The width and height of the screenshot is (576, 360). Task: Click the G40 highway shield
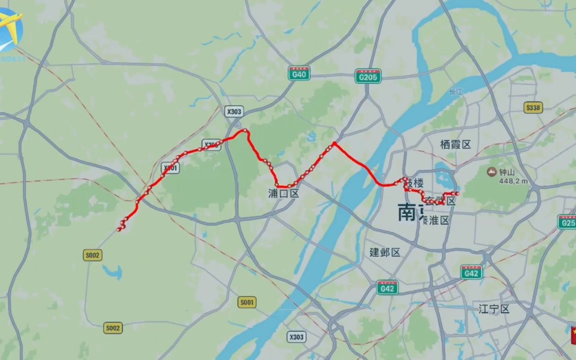click(x=299, y=74)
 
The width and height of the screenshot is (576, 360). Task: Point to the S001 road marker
click(x=247, y=303)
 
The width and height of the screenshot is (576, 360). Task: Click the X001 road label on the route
click(x=170, y=169)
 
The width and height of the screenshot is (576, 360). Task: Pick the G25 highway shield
click(x=567, y=223)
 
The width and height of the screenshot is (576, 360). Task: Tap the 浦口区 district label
click(x=283, y=193)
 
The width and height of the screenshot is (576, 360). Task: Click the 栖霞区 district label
click(x=455, y=144)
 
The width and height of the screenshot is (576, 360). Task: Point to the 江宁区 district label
click(x=494, y=309)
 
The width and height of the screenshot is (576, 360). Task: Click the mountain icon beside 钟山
click(x=491, y=173)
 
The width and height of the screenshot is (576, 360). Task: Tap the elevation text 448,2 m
click(x=514, y=181)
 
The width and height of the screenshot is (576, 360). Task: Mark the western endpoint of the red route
click(x=120, y=230)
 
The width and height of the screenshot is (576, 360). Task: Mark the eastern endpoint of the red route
click(x=456, y=194)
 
